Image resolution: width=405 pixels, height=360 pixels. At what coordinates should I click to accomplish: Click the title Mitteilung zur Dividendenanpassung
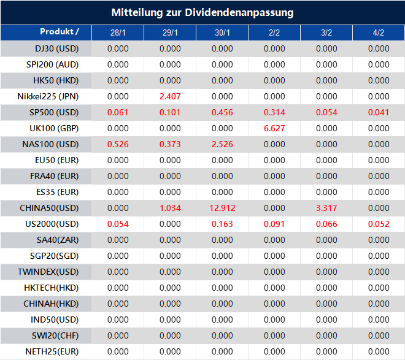202,12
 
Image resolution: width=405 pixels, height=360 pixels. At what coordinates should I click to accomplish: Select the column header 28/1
118,33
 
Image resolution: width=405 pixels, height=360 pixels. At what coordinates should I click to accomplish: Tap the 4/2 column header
379,33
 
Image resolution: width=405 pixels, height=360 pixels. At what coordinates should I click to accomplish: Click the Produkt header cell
59,32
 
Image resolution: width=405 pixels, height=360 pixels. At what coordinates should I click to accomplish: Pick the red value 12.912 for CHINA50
222,209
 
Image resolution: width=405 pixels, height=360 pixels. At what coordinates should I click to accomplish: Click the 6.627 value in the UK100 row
274,128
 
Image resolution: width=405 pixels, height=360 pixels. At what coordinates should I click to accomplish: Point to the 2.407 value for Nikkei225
170,96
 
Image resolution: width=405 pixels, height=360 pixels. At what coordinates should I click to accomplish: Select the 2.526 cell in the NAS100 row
222,144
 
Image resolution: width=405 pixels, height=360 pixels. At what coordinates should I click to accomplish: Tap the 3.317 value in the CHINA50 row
326,209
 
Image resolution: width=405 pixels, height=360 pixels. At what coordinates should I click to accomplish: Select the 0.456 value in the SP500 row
222,112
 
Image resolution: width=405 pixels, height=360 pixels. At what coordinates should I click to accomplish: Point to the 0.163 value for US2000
222,224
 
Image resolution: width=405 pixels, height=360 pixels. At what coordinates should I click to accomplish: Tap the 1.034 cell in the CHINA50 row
170,209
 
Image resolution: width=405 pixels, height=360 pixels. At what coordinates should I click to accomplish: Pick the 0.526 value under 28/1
118,144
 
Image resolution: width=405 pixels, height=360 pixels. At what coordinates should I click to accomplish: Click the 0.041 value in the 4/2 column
379,112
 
